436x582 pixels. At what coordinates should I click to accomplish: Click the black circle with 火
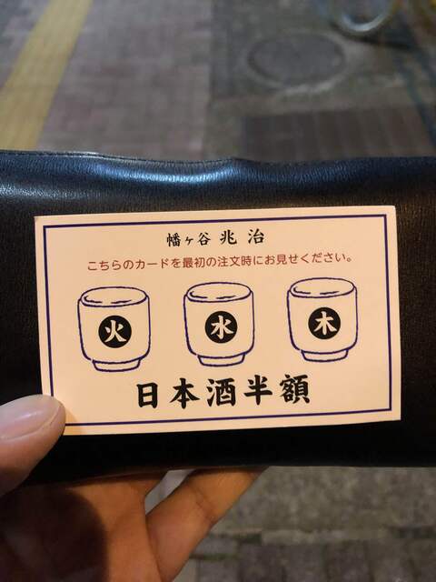click(115, 331)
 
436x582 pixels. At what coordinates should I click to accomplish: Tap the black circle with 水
click(221, 327)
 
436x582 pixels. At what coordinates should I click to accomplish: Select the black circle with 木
click(324, 324)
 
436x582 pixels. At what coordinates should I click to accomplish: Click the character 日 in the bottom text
click(147, 395)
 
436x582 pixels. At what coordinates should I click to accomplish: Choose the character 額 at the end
click(294, 389)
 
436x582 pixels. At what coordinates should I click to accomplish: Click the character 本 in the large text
click(184, 394)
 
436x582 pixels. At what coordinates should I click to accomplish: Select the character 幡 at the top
click(173, 240)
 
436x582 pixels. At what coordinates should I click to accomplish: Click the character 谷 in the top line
click(203, 238)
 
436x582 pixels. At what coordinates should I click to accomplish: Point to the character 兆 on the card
click(228, 237)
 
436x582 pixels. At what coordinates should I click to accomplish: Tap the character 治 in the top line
click(256, 237)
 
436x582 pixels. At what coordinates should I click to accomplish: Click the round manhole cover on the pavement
click(296, 60)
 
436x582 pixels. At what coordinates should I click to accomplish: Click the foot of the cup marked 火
click(116, 365)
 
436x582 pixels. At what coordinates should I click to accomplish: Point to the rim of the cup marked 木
click(322, 288)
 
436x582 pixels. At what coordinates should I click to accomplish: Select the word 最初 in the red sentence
click(193, 262)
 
